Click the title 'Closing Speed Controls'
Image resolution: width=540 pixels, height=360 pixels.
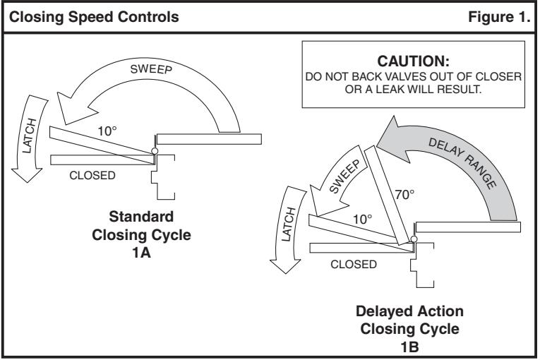(94, 17)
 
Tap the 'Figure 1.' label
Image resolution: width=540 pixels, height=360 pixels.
(499, 17)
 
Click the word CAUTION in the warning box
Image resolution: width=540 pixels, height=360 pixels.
(413, 61)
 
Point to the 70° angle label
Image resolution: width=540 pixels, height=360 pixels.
(404, 195)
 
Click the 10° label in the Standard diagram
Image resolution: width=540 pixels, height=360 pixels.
(107, 131)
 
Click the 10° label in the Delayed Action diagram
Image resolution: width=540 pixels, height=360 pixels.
(362, 220)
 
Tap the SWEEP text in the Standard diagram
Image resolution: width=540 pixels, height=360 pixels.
(151, 69)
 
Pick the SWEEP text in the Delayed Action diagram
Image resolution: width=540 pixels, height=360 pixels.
(344, 176)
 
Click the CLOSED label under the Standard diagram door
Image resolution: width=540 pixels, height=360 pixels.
(92, 175)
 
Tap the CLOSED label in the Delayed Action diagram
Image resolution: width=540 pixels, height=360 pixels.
(354, 264)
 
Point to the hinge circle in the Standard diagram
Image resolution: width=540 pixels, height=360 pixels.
(155, 151)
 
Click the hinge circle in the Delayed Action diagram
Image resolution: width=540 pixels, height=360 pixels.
(414, 239)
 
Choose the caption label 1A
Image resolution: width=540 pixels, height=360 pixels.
(142, 253)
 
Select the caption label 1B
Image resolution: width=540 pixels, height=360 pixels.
(409, 347)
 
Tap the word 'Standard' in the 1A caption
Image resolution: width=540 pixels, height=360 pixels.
(142, 217)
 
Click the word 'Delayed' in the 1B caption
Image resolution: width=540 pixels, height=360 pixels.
(380, 312)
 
